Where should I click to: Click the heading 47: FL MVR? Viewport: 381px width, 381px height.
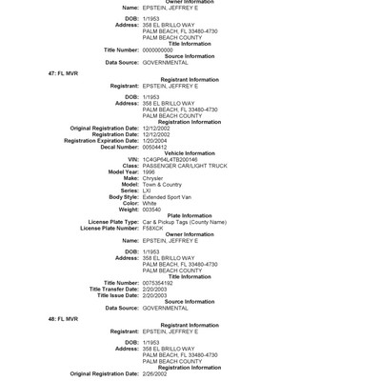(x=63, y=72)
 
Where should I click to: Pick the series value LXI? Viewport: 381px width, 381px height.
(x=148, y=190)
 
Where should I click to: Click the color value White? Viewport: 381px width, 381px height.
(x=150, y=203)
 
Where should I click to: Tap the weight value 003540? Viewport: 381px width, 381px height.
(x=152, y=209)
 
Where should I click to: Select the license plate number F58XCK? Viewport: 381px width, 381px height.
(x=153, y=228)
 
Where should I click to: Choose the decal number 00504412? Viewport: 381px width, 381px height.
(x=156, y=147)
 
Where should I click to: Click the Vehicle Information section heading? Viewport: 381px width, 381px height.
(x=189, y=152)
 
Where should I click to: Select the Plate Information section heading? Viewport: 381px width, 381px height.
(x=189, y=215)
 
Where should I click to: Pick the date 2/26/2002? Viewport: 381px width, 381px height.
(x=156, y=373)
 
